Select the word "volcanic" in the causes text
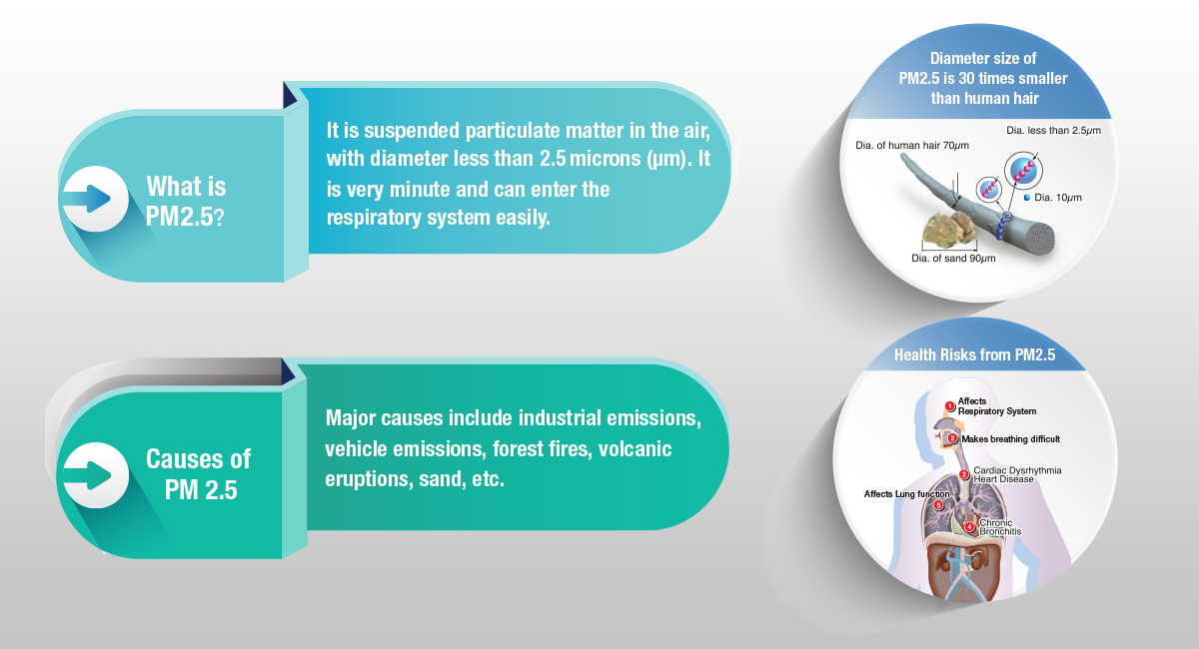point(634,449)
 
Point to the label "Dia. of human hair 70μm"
point(912,146)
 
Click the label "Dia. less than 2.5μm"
point(1053,131)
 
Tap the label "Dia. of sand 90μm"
point(953,259)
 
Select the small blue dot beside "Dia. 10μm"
point(1027,198)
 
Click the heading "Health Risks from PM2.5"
point(975,354)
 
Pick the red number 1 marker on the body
point(950,406)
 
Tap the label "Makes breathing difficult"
point(1010,439)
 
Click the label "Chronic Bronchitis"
point(1000,527)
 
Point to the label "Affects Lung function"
point(907,494)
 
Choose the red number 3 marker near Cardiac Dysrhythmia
point(964,474)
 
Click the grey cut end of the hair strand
point(1039,238)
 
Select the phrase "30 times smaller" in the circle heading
point(1013,79)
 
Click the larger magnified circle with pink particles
point(1023,171)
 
